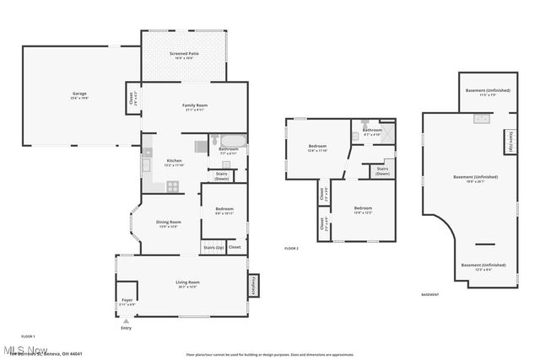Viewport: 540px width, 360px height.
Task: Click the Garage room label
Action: point(79,95)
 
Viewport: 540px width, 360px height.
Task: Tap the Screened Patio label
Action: point(183,56)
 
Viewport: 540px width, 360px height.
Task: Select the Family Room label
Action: point(195,107)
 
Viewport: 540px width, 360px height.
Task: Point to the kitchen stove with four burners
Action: point(172,185)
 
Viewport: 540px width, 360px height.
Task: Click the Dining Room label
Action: point(168,224)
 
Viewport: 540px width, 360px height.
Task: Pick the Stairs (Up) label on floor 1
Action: point(213,248)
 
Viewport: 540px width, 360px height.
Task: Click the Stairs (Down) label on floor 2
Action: point(382,170)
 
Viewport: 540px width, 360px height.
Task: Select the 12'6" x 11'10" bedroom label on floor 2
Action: point(316,148)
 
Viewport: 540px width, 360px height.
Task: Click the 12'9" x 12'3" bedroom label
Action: point(363,210)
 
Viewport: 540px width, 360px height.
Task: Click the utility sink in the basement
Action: point(482,119)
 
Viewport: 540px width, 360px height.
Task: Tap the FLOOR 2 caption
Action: point(292,249)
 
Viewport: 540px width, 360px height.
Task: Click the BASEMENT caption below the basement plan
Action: point(429,295)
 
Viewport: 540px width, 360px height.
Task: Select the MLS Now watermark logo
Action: point(25,349)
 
